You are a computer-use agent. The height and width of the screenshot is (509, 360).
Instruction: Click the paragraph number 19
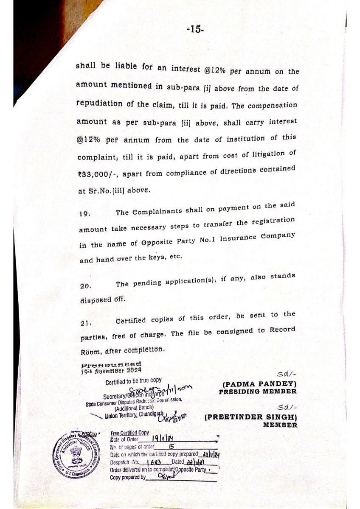coord(84,214)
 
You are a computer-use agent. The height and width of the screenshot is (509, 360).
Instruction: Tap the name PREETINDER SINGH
coord(251,417)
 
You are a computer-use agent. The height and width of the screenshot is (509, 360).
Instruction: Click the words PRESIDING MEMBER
coord(258,392)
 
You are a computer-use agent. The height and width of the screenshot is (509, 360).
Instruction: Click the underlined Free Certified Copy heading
coord(129,433)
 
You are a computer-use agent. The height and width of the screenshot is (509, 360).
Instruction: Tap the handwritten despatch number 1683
coord(151,461)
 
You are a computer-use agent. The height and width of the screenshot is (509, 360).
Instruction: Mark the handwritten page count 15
coord(171,447)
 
